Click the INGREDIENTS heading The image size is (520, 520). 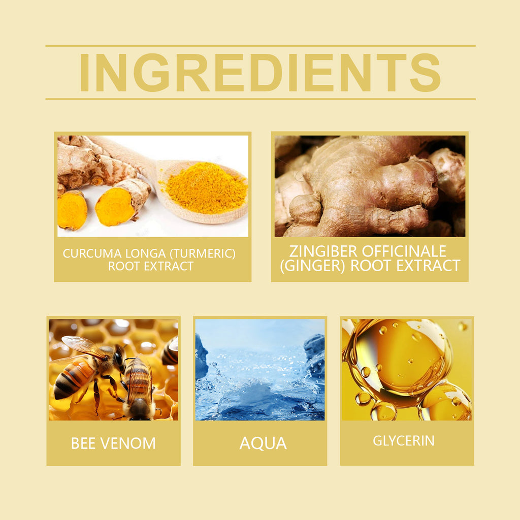point(260,72)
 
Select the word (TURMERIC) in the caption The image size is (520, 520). point(203,254)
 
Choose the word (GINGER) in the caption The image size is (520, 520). point(313,266)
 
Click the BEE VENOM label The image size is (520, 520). point(113,443)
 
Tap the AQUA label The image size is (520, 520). point(263,443)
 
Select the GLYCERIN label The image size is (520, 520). point(404,441)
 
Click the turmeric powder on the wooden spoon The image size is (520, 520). point(206,188)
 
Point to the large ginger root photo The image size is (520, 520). point(370,186)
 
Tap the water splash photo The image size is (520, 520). point(260,370)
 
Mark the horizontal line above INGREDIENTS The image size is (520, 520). point(261,46)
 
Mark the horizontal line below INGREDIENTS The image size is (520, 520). point(261,99)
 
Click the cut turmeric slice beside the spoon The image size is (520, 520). point(114,207)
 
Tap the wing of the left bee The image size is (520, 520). point(85,346)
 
